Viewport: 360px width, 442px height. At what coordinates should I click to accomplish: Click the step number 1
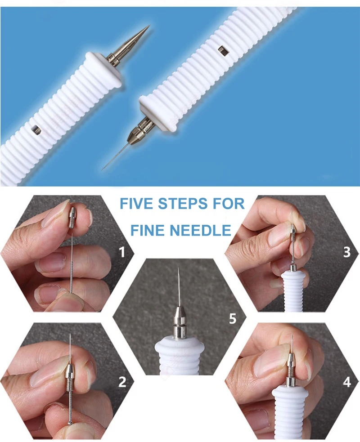point(122,252)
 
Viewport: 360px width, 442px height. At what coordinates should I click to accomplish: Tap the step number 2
point(122,382)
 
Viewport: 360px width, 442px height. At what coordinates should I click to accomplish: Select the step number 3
point(347,252)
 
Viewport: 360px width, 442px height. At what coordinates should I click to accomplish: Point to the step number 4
point(347,382)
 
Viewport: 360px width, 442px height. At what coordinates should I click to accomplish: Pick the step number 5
point(233,318)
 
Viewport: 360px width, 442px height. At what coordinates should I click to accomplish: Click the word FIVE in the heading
point(136,204)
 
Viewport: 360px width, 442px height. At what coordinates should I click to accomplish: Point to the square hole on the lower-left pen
point(36,129)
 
